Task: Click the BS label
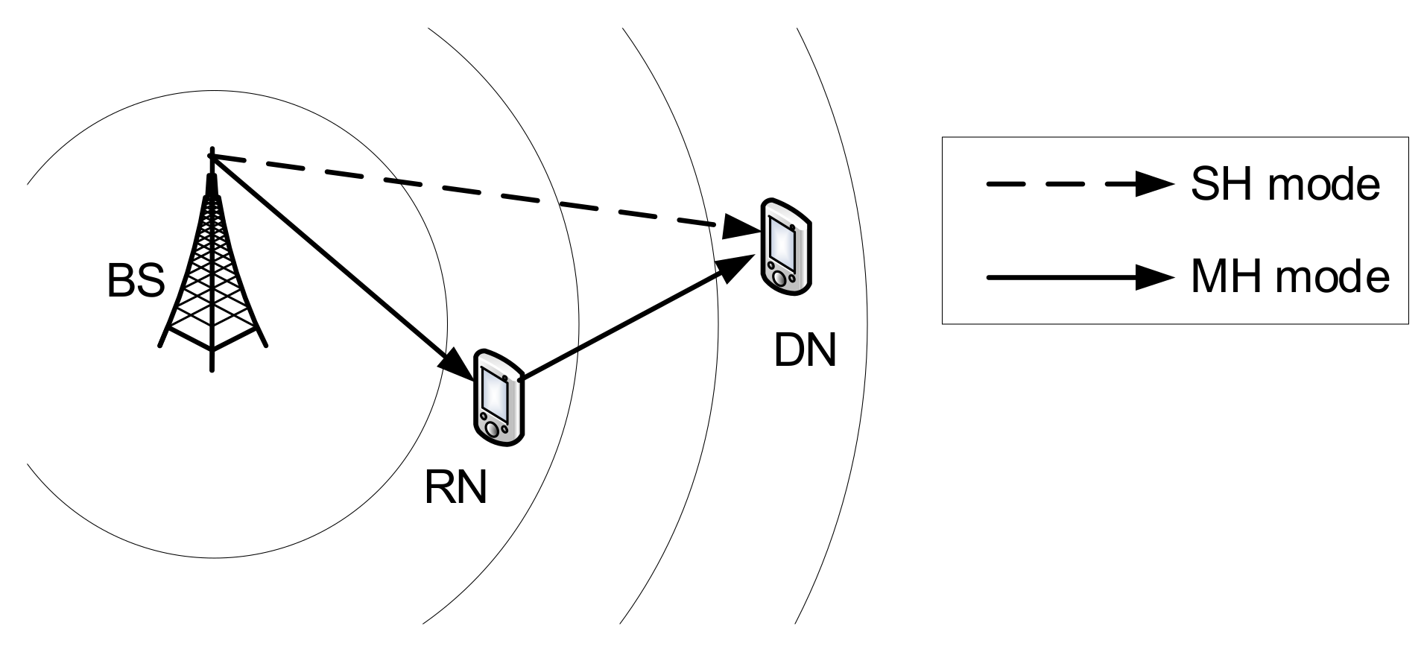point(135,282)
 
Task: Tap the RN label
point(455,487)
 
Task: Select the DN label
point(805,349)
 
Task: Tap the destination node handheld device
point(785,245)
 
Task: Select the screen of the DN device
point(782,241)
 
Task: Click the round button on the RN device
point(493,430)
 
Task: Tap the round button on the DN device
point(779,278)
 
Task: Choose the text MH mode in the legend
point(1289,277)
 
